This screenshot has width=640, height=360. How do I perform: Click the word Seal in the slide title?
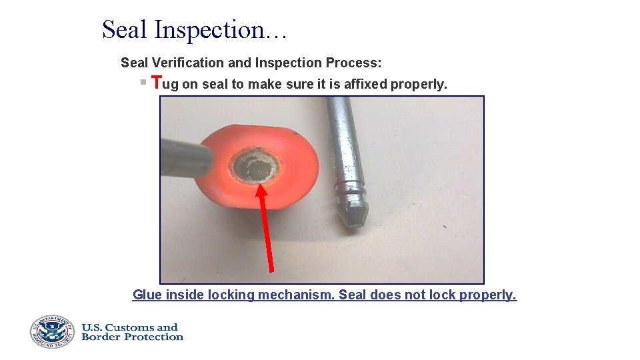coord(125,29)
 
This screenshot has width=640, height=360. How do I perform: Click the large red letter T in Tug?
coord(157,83)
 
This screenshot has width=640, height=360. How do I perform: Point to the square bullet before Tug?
coord(143,82)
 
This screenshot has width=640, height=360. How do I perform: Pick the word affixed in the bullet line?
coord(365,85)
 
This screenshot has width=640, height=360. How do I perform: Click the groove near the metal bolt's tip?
coord(351,189)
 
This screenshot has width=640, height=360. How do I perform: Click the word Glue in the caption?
coord(147,295)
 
